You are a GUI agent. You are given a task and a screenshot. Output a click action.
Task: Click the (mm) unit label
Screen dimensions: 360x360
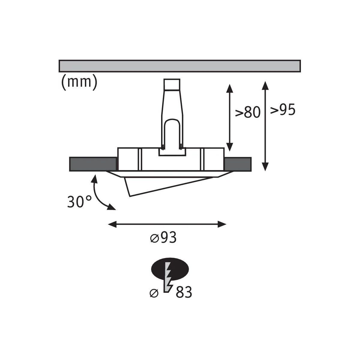(79, 82)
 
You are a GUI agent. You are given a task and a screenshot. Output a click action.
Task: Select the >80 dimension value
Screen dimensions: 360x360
(247, 112)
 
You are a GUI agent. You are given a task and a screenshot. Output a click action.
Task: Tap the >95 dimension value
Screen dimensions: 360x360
(283, 109)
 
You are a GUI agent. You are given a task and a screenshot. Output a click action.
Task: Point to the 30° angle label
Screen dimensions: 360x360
(79, 202)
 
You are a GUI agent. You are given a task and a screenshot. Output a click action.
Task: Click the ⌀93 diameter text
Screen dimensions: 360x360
(163, 238)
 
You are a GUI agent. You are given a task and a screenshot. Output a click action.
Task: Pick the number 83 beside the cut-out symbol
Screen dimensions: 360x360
(184, 292)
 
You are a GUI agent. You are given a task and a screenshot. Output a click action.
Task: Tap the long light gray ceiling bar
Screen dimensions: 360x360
(179, 66)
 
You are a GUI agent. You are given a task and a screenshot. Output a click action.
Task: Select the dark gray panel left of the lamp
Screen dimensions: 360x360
(93, 164)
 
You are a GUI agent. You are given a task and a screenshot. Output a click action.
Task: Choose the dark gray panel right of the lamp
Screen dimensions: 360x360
(238, 164)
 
